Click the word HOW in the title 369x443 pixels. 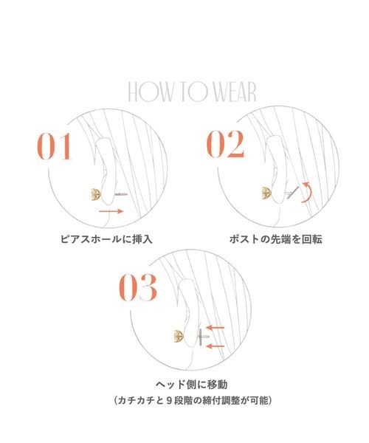[150, 92]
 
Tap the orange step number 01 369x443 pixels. [54, 146]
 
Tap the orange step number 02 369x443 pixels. [225, 144]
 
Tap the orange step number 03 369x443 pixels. [138, 287]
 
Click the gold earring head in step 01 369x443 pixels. [95, 194]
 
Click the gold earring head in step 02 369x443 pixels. [266, 193]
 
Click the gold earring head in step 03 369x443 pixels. [179, 336]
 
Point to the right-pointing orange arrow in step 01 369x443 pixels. [111, 211]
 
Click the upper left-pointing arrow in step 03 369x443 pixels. [215, 328]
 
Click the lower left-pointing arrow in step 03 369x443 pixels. [215, 346]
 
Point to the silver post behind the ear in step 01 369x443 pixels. [120, 194]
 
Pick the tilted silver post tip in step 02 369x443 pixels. [293, 193]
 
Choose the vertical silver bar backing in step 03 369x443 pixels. [201, 337]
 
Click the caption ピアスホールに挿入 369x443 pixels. [106, 239]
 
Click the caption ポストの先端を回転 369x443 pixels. [275, 239]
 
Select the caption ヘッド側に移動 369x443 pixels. [192, 384]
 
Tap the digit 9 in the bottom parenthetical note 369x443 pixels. [168, 400]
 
